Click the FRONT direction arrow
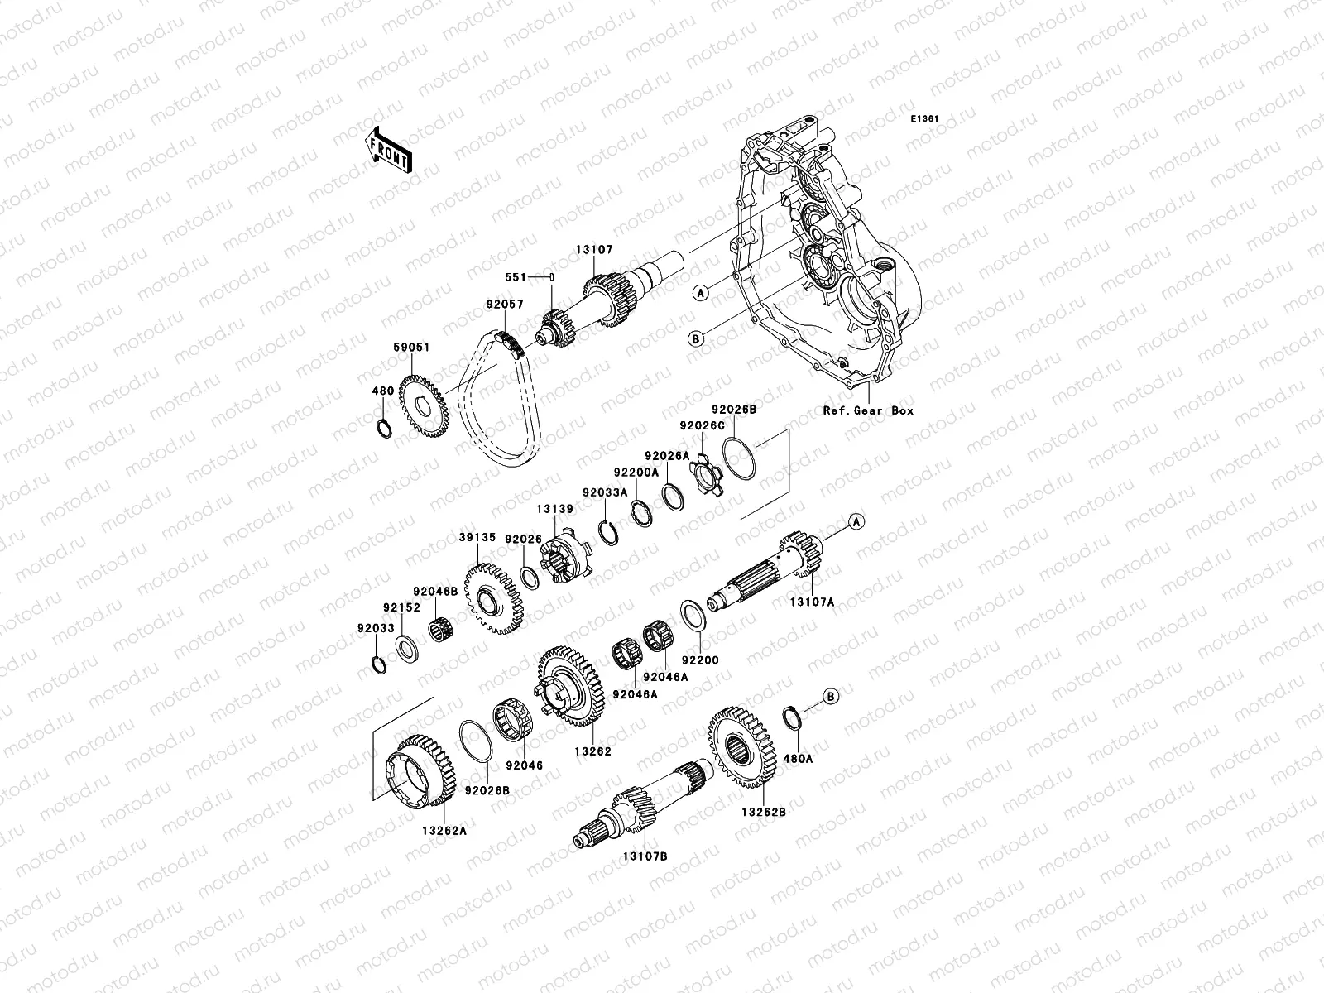[x=388, y=151]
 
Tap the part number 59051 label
[x=411, y=348]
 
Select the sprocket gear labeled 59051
[x=424, y=405]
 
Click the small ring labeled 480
[x=384, y=429]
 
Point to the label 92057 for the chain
[x=505, y=305]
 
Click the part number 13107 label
[x=594, y=250]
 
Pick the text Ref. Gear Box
[x=868, y=410]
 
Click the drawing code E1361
[x=924, y=119]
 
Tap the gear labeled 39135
[x=494, y=598]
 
